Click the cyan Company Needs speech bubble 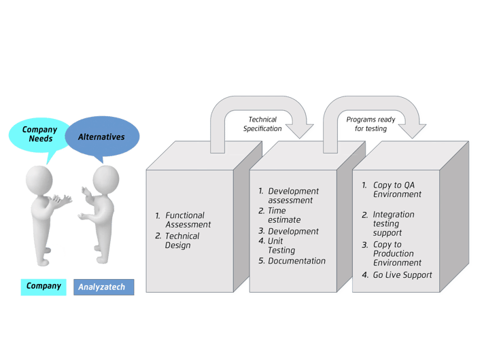point(39,135)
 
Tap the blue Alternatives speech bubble point(102,137)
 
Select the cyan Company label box point(44,287)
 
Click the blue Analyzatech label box point(103,287)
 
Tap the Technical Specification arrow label point(262,124)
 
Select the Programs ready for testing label point(371,124)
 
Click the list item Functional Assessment point(183,220)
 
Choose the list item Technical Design point(177,240)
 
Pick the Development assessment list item point(289,196)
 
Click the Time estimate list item point(279,215)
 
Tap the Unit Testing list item point(277,246)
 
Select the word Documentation point(296,261)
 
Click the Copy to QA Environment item point(392,190)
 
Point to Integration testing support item point(388,223)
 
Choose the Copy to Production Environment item point(392,254)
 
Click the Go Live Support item point(397,275)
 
